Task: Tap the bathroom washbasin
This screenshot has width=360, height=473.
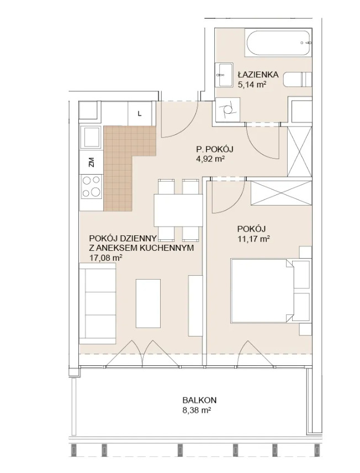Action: [224, 75]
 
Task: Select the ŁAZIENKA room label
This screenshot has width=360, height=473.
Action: [258, 74]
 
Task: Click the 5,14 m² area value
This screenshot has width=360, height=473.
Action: [252, 85]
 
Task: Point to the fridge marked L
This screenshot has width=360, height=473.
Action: [140, 113]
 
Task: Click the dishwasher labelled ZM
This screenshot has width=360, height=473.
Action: [91, 162]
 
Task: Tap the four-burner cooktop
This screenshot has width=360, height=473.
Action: [91, 187]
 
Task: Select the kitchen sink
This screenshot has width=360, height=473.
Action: [91, 138]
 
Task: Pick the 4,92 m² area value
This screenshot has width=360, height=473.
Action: [210, 159]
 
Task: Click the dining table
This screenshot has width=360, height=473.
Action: [178, 211]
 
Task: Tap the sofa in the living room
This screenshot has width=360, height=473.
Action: [98, 303]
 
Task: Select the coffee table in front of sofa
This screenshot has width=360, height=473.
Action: [148, 303]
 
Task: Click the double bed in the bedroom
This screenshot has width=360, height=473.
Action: [271, 290]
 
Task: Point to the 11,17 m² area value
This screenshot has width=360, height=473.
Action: [253, 239]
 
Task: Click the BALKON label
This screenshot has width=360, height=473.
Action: [199, 400]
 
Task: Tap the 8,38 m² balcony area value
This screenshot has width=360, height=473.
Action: [197, 410]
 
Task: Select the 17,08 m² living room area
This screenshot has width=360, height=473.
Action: [105, 258]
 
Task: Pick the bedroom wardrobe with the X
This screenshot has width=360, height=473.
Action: [281, 193]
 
